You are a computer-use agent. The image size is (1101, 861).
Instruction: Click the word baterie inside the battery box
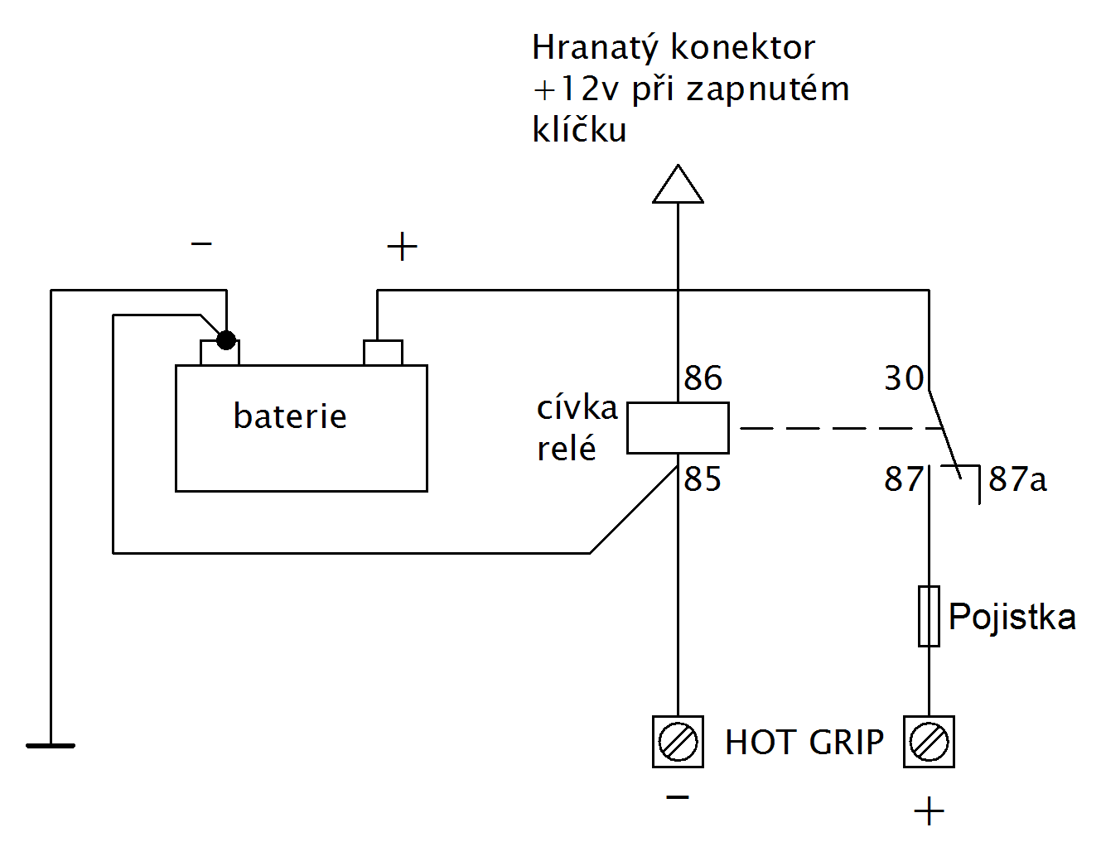(290, 416)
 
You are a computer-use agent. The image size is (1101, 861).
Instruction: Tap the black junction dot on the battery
(225, 339)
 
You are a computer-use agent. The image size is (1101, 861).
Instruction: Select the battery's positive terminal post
(383, 353)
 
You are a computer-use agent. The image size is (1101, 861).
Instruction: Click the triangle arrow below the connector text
(678, 185)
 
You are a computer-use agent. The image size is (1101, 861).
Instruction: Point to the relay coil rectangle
(678, 428)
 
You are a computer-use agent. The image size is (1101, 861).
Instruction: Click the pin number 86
(703, 378)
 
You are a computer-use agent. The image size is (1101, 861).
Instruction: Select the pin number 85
(703, 479)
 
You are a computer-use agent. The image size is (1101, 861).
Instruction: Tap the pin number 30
(904, 378)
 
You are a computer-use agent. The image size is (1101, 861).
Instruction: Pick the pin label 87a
(1017, 479)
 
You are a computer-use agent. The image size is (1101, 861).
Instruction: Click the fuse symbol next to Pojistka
(929, 616)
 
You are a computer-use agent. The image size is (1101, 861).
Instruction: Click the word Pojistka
(1012, 617)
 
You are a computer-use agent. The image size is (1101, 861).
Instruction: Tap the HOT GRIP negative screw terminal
(678, 742)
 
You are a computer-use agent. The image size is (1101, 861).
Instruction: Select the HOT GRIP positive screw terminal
(929, 742)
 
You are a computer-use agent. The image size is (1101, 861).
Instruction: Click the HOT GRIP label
(804, 743)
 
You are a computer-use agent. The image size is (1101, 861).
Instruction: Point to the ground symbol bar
(51, 746)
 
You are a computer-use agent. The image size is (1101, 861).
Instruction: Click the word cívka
(577, 408)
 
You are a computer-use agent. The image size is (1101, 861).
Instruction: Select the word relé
(567, 449)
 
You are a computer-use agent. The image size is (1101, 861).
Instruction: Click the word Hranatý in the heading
(595, 49)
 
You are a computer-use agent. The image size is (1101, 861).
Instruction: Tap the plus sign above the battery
(402, 247)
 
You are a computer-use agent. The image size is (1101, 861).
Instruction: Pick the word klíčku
(579, 130)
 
